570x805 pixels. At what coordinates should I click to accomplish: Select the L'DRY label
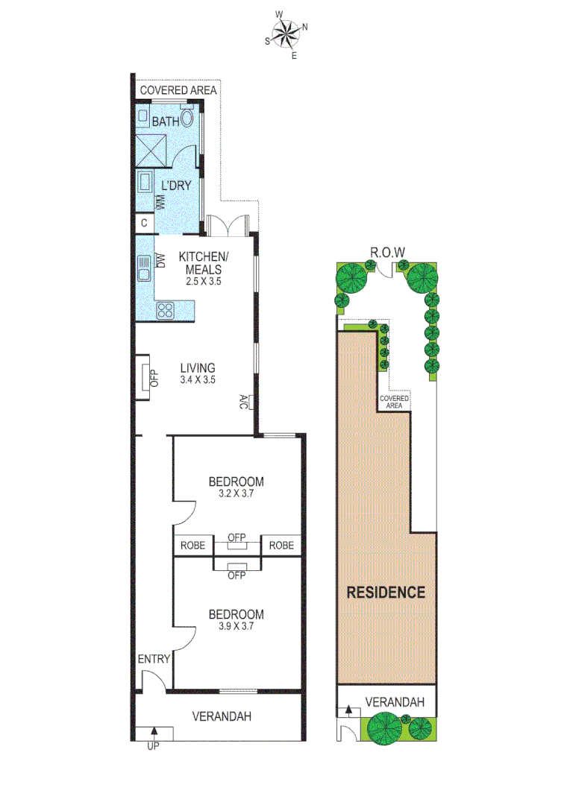(177, 185)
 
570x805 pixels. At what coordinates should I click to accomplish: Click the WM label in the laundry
(159, 202)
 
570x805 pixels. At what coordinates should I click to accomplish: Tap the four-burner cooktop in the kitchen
(164, 312)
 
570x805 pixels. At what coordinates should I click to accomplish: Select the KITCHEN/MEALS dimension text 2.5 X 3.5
(204, 282)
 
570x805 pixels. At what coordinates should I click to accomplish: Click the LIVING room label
(198, 367)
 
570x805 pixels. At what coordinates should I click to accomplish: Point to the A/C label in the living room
(244, 402)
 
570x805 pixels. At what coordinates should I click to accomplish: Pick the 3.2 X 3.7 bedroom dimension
(236, 493)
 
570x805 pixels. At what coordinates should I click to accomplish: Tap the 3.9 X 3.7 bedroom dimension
(236, 626)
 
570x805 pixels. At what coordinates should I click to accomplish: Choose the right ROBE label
(281, 546)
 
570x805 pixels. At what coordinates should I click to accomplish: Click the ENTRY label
(154, 659)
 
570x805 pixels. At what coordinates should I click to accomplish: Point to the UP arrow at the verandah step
(154, 734)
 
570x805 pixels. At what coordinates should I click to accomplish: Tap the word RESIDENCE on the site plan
(386, 593)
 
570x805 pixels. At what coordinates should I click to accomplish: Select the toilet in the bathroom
(187, 118)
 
